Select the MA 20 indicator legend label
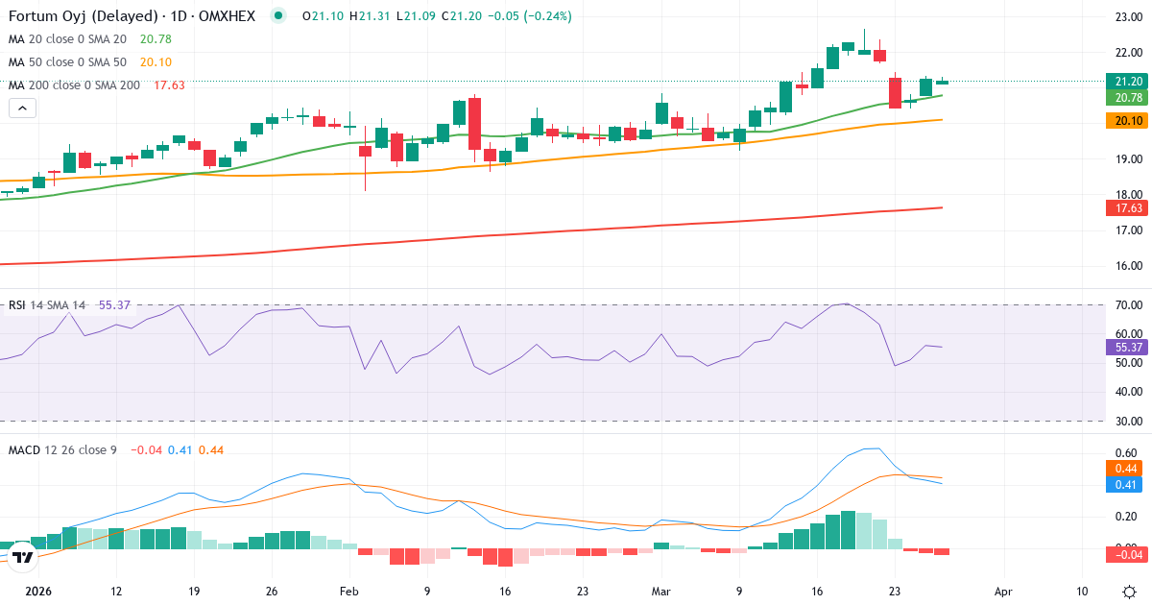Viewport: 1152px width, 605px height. pyautogui.click(x=67, y=38)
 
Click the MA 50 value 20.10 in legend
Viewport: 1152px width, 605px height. pyautogui.click(x=156, y=61)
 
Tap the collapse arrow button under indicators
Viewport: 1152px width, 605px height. pyautogui.click(x=22, y=109)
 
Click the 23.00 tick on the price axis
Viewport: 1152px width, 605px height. pyautogui.click(x=1127, y=17)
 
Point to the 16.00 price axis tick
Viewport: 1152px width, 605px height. pyautogui.click(x=1127, y=266)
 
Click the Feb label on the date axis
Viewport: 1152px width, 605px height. pyautogui.click(x=348, y=592)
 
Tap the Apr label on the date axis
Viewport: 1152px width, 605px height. pyautogui.click(x=1004, y=592)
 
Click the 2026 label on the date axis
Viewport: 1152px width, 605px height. pyautogui.click(x=38, y=592)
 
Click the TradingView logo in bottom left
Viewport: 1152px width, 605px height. pyautogui.click(x=23, y=556)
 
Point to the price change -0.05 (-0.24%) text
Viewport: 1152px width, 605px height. pyautogui.click(x=530, y=16)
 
